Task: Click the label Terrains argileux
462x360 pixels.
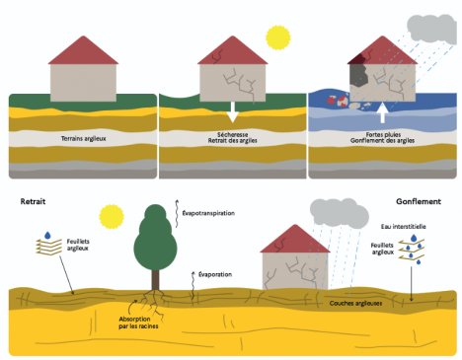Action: click(84, 138)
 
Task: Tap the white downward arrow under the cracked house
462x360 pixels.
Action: click(233, 111)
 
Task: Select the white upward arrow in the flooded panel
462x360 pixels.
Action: click(382, 112)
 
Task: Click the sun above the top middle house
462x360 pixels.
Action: click(278, 37)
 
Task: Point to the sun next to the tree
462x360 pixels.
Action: click(112, 217)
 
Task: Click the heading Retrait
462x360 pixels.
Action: click(33, 201)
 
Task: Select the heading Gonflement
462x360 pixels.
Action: click(419, 201)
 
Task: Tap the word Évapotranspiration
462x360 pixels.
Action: click(208, 213)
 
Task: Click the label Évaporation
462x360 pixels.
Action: click(215, 274)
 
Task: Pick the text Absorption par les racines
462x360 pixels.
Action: click(138, 323)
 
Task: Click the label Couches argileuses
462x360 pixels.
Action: click(355, 303)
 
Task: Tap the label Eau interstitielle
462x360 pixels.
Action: click(404, 227)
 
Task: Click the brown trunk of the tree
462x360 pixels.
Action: click(155, 280)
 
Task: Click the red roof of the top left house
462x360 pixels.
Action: click(83, 50)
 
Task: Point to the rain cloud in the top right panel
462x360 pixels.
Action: click(432, 30)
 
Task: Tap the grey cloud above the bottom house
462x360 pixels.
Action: click(340, 213)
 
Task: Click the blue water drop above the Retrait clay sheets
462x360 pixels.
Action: click(47, 235)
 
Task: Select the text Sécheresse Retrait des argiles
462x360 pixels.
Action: click(233, 137)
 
